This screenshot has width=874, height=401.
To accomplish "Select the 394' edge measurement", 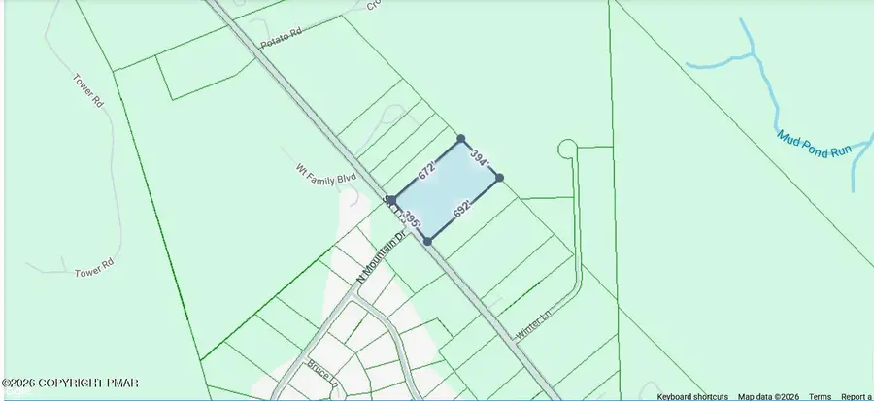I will coord(480,157).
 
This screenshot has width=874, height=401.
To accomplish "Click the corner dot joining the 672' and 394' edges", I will coord(461,139).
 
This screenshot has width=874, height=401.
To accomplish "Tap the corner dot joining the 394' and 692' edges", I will coord(499,178).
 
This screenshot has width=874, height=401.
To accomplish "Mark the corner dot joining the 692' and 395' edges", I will coord(427,241).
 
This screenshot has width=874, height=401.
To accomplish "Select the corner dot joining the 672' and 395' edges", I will coord(392,200).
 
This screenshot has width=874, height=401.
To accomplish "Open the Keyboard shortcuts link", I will coord(692,396).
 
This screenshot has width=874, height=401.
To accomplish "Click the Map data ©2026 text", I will coord(769,396).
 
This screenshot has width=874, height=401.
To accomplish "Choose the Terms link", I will coord(820,396).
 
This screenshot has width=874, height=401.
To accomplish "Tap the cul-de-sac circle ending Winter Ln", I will coord(567,149).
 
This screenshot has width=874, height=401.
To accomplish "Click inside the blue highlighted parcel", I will coord(447,189).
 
